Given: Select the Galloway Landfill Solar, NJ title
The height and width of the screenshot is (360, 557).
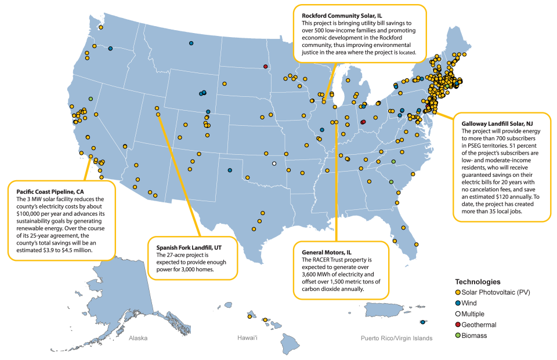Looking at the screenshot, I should click(497, 124).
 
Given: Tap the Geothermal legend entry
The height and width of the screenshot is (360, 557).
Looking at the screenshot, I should click(479, 325).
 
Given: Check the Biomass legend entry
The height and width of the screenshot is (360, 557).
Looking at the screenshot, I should click(475, 336).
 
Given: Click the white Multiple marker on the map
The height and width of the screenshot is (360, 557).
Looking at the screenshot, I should click(274, 163).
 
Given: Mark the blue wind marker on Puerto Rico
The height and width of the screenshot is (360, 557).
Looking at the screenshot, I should click(422, 322).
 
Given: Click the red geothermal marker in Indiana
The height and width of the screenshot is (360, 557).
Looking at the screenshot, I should click(363, 122).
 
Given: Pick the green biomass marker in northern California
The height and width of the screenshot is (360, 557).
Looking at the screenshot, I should click(91, 99).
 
